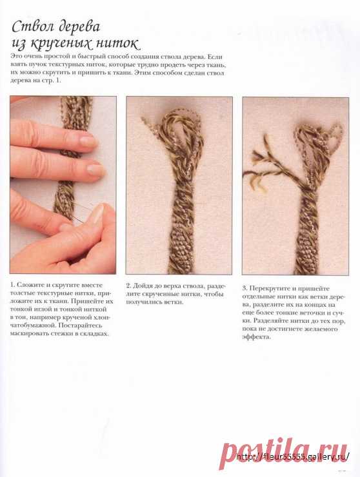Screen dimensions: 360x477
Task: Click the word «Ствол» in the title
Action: [34, 27]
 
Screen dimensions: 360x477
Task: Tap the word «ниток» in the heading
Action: [118, 43]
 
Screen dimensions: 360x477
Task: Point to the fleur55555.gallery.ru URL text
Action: [293, 456]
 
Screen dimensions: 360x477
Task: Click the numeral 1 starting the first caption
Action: [12, 285]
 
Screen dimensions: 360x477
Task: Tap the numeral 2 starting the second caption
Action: [128, 286]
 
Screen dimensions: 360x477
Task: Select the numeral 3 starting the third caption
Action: [245, 288]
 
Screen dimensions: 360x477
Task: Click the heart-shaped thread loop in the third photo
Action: [334, 137]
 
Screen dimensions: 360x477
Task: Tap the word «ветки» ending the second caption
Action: [175, 302]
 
